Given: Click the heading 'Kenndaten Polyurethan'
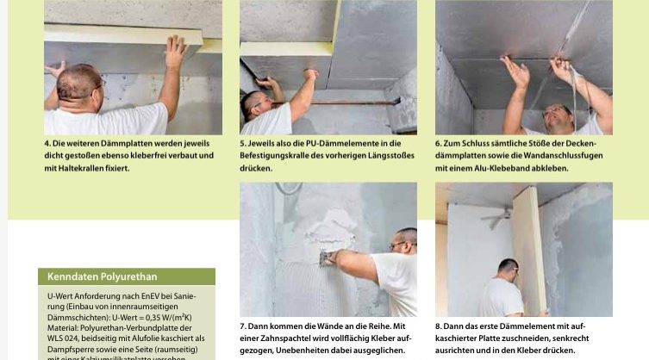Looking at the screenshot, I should [x=90, y=277].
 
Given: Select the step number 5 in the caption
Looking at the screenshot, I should [x=242, y=143].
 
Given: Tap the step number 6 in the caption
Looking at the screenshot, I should [x=438, y=143].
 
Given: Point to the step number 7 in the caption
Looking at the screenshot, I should [x=242, y=326].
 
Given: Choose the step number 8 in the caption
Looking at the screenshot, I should [x=438, y=326].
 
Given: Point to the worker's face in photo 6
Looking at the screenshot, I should [x=558, y=115].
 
